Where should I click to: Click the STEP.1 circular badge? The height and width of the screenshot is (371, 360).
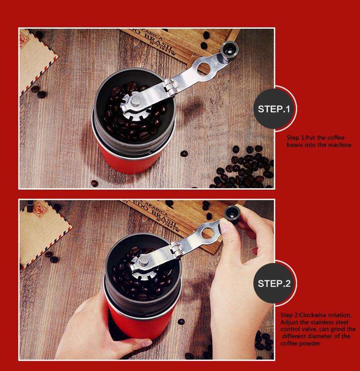[274, 109]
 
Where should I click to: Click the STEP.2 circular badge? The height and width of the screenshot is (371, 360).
[274, 284]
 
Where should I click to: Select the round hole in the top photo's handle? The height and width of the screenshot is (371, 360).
[204, 68]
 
